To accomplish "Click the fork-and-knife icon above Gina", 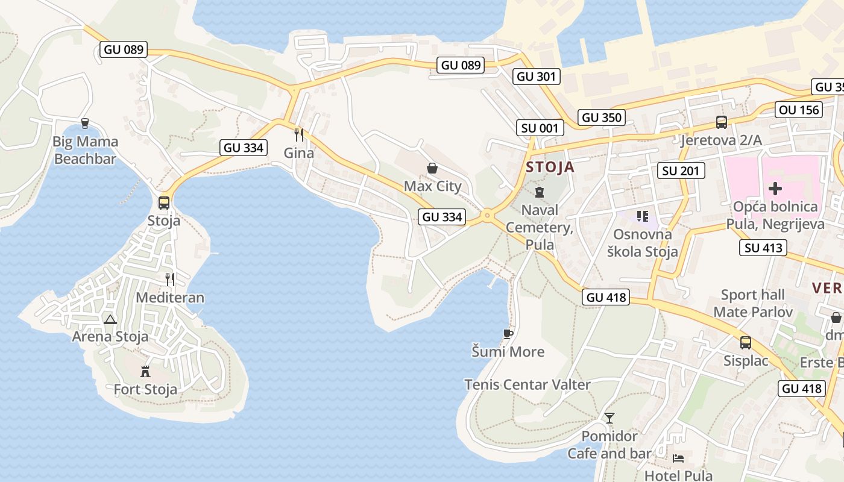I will point(299,134).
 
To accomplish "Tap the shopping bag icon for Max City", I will point(432,168).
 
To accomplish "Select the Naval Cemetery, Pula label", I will point(540,227).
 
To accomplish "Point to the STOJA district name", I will point(550,167).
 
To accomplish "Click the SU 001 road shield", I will point(540,128).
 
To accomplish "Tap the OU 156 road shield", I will point(799,110).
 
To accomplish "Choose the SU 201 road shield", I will point(681,171).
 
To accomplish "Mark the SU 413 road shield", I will point(763,247).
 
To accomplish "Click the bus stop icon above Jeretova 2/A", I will point(721,122).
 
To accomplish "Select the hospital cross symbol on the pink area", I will point(775,189).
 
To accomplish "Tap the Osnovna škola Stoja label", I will point(642,243).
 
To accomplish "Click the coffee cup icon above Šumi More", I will point(508,334).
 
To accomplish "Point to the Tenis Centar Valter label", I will point(527,384).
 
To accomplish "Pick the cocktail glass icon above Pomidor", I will point(609,418).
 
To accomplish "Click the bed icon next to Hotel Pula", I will point(678,459).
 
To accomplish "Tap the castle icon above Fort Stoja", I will point(145,371).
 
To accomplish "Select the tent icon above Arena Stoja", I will point(110,319).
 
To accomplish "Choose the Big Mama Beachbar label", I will point(86,150).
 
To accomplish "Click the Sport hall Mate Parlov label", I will point(753,303).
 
